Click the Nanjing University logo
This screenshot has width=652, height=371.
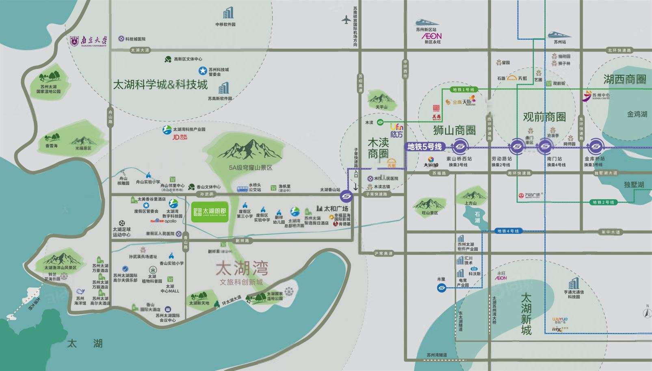89,41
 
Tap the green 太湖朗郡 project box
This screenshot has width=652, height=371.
210,212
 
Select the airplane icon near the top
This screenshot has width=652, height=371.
346,19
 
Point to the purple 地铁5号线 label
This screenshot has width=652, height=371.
424,147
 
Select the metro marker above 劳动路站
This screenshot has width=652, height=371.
517,147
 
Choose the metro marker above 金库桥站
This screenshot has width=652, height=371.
595,147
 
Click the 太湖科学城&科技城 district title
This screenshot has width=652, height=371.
160,84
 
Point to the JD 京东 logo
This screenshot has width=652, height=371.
180,137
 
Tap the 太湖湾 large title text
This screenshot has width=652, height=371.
242,268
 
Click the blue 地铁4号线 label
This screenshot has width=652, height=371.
508,231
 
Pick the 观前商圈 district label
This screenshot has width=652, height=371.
544,117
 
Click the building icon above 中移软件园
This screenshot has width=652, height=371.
228,13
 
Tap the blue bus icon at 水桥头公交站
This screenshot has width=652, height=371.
243,189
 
